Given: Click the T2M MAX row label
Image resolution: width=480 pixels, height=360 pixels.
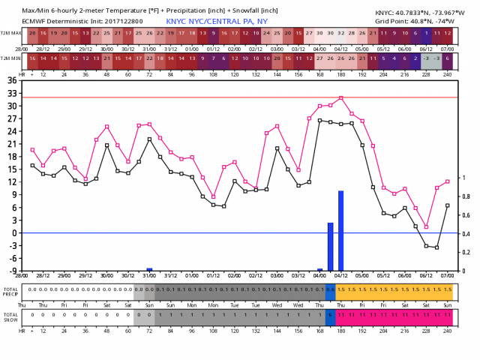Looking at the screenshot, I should click(x=10, y=34).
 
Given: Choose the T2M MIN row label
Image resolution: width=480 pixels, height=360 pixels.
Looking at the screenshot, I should click(x=10, y=58).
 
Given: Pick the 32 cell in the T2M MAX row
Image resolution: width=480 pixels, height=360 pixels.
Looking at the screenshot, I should click(x=341, y=34).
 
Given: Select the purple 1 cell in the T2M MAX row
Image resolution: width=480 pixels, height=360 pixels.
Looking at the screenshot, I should click(x=426, y=34).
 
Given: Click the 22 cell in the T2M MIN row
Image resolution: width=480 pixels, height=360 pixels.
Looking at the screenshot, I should click(x=149, y=58).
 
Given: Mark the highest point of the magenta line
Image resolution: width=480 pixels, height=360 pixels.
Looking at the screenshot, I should click(x=340, y=97).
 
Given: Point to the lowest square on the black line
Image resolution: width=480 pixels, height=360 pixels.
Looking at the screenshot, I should click(x=436, y=247).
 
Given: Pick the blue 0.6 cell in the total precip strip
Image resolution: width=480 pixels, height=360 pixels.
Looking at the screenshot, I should click(x=330, y=289).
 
